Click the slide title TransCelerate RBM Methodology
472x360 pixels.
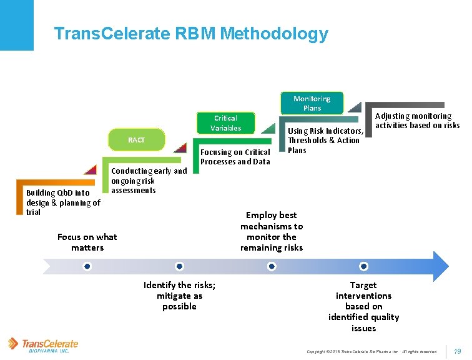pyautogui.click(x=191, y=34)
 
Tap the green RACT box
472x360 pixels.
pyautogui.click(x=136, y=140)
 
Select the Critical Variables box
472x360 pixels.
pyautogui.click(x=225, y=122)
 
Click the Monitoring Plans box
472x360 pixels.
pyautogui.click(x=312, y=103)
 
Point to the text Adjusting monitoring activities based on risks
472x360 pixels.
pyautogui.click(x=417, y=121)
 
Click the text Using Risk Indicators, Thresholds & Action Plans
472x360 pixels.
pyautogui.click(x=325, y=141)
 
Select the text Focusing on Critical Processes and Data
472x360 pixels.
pyautogui.click(x=235, y=157)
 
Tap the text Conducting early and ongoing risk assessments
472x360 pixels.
pyautogui.click(x=149, y=181)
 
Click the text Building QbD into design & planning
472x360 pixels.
pyautogui.click(x=63, y=202)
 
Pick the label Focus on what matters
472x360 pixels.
pyautogui.click(x=87, y=242)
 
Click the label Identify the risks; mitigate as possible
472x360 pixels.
pyautogui.click(x=179, y=296)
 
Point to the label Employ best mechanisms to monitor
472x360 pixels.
pyautogui.click(x=272, y=231)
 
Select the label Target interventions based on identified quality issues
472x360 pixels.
pyautogui.click(x=363, y=306)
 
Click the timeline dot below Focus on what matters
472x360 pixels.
pyautogui.click(x=87, y=266)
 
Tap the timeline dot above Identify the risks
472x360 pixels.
pyautogui.click(x=179, y=266)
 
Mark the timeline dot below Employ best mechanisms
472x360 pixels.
pyautogui.click(x=272, y=266)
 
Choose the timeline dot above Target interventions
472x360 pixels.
pyautogui.click(x=363, y=266)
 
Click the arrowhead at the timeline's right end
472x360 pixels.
pyautogui.click(x=440, y=266)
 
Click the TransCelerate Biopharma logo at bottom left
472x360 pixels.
pyautogui.click(x=43, y=345)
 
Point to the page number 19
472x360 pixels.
pyautogui.click(x=457, y=352)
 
